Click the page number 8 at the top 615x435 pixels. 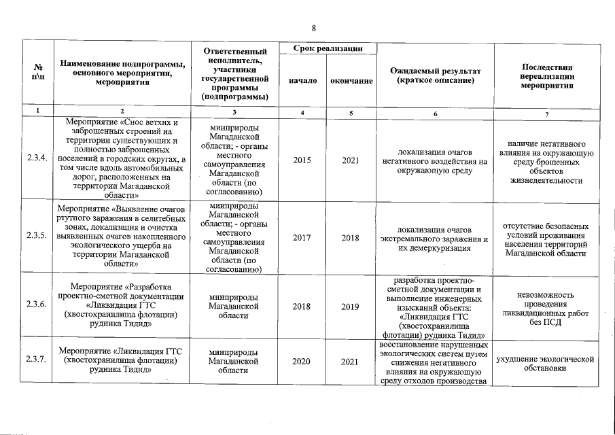(314, 28)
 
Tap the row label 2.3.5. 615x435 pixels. (36, 235)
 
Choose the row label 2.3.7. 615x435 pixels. (36, 360)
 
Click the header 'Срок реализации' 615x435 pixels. (326, 48)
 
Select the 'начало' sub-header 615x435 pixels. (302, 81)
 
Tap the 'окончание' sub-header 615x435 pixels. (351, 81)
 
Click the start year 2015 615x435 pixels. (302, 160)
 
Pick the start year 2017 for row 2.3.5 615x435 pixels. (302, 238)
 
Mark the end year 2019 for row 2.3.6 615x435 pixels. (351, 307)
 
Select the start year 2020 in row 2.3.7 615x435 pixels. (302, 361)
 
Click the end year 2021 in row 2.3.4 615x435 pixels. (351, 160)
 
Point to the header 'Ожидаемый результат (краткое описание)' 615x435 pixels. (435, 76)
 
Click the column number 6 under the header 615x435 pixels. (435, 113)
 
